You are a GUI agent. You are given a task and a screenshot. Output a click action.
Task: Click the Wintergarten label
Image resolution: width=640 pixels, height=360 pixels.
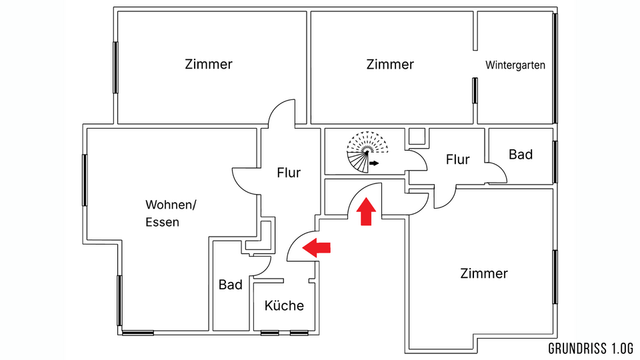pos(515,65)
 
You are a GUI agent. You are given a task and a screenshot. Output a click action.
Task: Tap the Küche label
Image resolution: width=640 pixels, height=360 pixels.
pos(284,306)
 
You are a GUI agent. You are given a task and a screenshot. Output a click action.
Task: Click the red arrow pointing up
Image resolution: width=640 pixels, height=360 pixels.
pos(366,213)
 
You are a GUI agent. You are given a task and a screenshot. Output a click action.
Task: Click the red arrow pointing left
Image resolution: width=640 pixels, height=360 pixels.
pos(317,248)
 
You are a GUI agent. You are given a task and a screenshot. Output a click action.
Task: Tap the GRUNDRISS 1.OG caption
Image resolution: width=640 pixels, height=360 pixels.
pos(590,349)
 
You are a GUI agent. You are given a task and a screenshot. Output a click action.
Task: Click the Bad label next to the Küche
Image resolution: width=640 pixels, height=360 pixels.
pos(230,285)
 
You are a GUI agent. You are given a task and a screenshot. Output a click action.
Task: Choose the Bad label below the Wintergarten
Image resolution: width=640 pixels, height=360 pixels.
pos(521,155)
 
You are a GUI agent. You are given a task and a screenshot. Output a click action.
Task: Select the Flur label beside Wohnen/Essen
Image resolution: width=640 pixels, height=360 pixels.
pos(289,173)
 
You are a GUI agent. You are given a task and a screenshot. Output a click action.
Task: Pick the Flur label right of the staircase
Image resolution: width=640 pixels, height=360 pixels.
pos(457,160)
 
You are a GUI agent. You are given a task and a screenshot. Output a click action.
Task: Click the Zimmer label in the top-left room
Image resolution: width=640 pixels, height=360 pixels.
pos(209,65)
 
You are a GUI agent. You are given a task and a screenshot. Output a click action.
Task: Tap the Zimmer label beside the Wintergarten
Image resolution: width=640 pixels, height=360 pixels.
pos(390,65)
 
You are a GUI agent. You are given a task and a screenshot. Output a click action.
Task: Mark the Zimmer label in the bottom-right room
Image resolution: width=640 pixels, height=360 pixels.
pos(484,273)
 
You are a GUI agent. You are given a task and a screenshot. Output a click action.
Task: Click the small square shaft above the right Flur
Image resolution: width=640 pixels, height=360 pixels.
pos(418,137)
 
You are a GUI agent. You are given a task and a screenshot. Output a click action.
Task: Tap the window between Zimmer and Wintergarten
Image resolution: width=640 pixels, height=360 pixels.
pos(475,90)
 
